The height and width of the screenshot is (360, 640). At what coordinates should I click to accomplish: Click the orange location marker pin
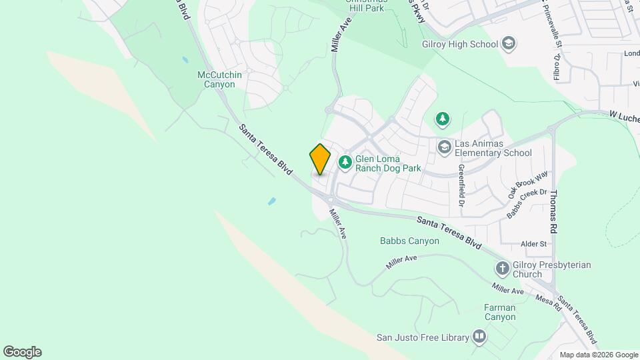tap(321, 159)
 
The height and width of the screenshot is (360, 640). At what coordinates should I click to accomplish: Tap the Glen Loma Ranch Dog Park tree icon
tap(345, 161)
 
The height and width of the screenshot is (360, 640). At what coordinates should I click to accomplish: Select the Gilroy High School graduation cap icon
tap(509, 45)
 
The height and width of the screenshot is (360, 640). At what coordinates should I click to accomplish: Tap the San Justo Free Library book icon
tap(479, 337)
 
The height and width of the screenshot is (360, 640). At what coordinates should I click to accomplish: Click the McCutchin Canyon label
tap(220, 80)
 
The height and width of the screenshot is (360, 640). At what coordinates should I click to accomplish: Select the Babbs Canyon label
tap(409, 241)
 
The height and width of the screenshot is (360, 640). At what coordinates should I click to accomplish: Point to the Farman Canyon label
tap(500, 312)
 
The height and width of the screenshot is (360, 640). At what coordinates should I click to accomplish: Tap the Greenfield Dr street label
tap(461, 186)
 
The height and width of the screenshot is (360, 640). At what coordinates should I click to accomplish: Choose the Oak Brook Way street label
tap(528, 184)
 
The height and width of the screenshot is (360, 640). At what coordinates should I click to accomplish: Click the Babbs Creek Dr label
tap(522, 204)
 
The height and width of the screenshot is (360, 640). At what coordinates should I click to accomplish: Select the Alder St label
tap(534, 244)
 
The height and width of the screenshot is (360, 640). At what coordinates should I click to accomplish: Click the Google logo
tap(22, 352)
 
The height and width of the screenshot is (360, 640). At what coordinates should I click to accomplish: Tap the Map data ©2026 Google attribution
tap(599, 355)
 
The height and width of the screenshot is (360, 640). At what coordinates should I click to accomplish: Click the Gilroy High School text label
tap(460, 45)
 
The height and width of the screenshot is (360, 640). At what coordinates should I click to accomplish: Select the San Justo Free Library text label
tap(423, 337)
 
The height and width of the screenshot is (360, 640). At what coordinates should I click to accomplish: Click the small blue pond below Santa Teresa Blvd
tap(271, 201)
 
